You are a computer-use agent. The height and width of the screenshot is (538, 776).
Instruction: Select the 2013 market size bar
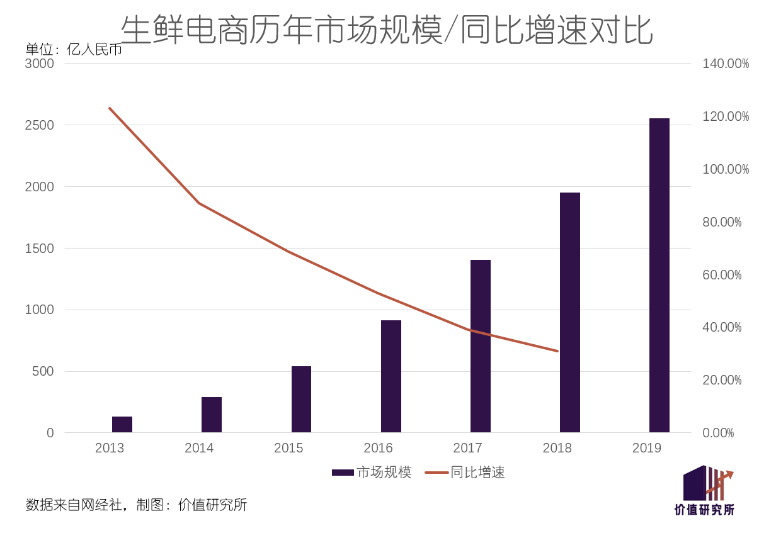click(x=122, y=424)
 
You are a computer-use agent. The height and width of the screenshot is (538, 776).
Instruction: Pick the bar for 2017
click(x=480, y=346)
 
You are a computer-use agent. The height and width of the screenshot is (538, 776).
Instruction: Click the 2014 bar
click(x=212, y=415)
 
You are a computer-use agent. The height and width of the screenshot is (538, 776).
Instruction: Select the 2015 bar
click(x=301, y=399)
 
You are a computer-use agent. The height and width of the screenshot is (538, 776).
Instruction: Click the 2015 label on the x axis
click(x=288, y=448)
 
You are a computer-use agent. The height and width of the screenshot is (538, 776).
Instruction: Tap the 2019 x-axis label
click(x=647, y=448)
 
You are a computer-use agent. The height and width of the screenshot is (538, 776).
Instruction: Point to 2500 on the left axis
click(x=39, y=125)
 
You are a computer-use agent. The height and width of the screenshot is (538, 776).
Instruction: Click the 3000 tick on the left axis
click(x=39, y=64)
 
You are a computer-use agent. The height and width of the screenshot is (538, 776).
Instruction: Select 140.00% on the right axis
click(x=726, y=64)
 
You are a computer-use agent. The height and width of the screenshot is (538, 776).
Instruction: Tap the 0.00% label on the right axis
click(x=719, y=433)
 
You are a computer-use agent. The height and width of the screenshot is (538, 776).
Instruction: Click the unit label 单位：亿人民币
click(x=74, y=49)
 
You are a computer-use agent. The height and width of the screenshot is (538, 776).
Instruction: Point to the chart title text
click(x=387, y=29)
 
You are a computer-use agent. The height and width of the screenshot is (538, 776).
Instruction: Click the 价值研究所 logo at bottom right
click(x=705, y=491)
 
